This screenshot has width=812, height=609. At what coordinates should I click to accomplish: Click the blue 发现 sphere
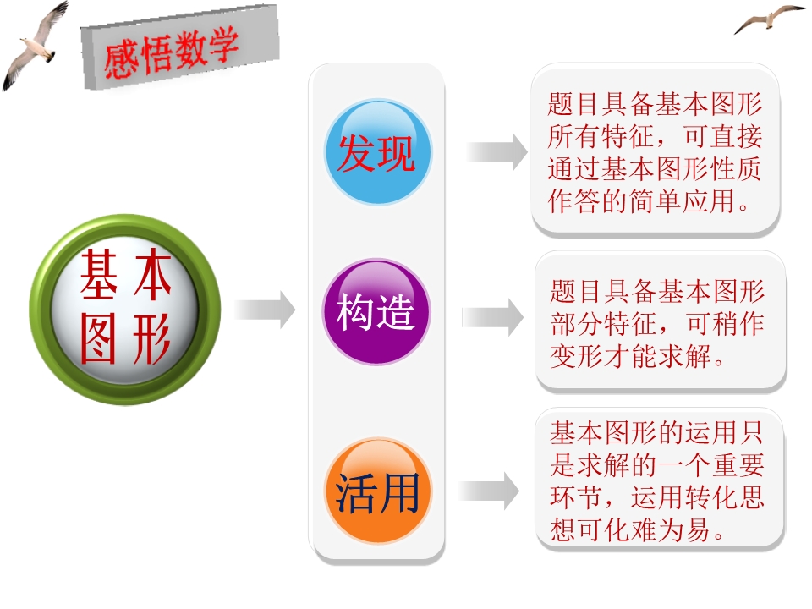[x=377, y=152]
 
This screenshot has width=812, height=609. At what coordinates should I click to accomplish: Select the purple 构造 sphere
[x=376, y=311]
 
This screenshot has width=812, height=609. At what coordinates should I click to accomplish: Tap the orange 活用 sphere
[x=377, y=491]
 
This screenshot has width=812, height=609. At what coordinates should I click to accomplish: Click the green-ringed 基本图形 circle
[x=125, y=310]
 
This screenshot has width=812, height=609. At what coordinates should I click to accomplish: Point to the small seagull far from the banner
[x=769, y=19]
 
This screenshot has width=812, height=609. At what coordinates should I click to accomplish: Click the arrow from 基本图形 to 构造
[x=265, y=310]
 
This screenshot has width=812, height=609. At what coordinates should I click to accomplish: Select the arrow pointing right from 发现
[x=497, y=151]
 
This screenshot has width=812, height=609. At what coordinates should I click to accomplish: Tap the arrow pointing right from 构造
[x=492, y=317]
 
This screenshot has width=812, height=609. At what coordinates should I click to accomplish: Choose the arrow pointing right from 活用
[x=488, y=491]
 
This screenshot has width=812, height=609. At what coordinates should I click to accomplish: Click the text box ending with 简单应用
[x=656, y=151]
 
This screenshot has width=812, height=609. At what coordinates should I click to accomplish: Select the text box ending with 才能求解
[x=661, y=321]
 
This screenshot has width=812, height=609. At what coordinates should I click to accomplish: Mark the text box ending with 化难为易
[x=660, y=480]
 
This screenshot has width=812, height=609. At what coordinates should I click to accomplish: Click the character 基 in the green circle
[x=98, y=274]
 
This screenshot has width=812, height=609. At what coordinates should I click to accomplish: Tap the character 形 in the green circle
[x=151, y=339]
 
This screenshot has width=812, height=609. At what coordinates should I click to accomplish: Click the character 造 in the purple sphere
[x=395, y=312]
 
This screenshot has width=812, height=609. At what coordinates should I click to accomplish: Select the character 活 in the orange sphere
[x=356, y=493]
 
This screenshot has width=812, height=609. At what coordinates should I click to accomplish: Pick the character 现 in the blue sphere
[x=396, y=153]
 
